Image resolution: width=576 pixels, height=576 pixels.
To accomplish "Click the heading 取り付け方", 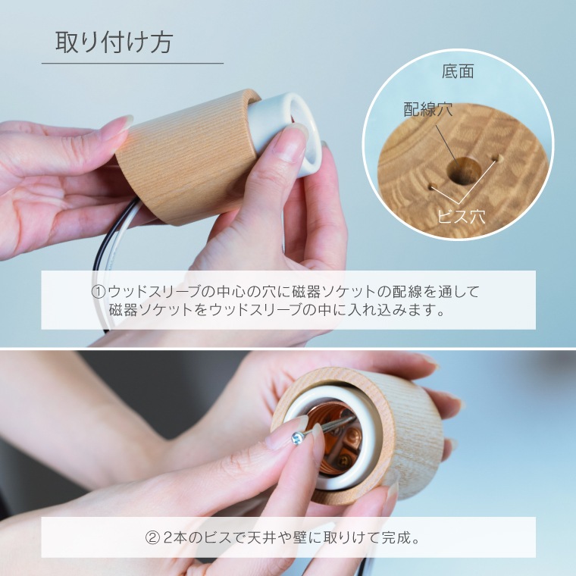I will pos(114,42).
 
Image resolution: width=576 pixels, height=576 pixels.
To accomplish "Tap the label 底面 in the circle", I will pos(457,72).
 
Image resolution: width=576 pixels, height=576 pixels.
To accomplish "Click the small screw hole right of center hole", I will pos(499,158).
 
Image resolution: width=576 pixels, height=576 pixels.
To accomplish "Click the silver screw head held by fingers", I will pos(298,437).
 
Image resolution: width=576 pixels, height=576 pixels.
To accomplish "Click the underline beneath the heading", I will pos(133,63).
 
